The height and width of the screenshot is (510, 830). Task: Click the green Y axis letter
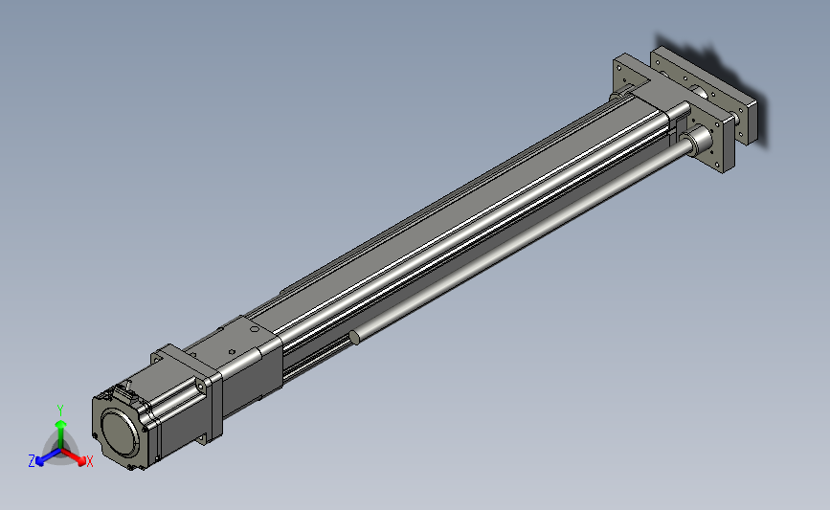pyautogui.click(x=60, y=410)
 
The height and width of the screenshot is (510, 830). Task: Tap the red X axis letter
pyautogui.click(x=89, y=461)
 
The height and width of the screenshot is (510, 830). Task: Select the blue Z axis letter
pyautogui.click(x=32, y=461)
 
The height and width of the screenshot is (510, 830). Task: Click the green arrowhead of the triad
pyautogui.click(x=61, y=424)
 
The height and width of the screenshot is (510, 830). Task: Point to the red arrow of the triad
pyautogui.click(x=73, y=456)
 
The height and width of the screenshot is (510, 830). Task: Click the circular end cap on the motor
pyautogui.click(x=121, y=432)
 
